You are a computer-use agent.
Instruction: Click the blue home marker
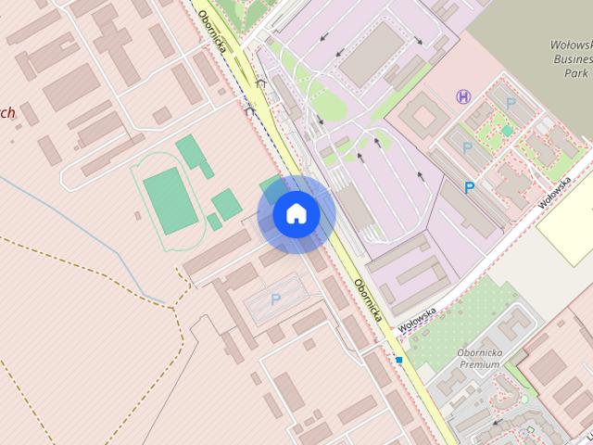pyautogui.click(x=296, y=214)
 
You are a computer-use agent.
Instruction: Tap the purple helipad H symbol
pyautogui.click(x=463, y=95)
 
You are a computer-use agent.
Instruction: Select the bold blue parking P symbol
pyautogui.click(x=470, y=188)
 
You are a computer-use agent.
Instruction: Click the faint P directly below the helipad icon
pyautogui.click(x=467, y=147)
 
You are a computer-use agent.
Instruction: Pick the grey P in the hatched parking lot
pyautogui.click(x=274, y=299)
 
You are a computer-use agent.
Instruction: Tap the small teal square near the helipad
pyautogui.click(x=508, y=131)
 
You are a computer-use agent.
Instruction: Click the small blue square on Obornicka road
pyautogui.click(x=398, y=359)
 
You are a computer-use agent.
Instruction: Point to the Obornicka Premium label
pyautogui.click(x=478, y=359)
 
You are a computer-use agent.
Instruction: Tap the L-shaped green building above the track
pyautogui.click(x=192, y=152)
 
